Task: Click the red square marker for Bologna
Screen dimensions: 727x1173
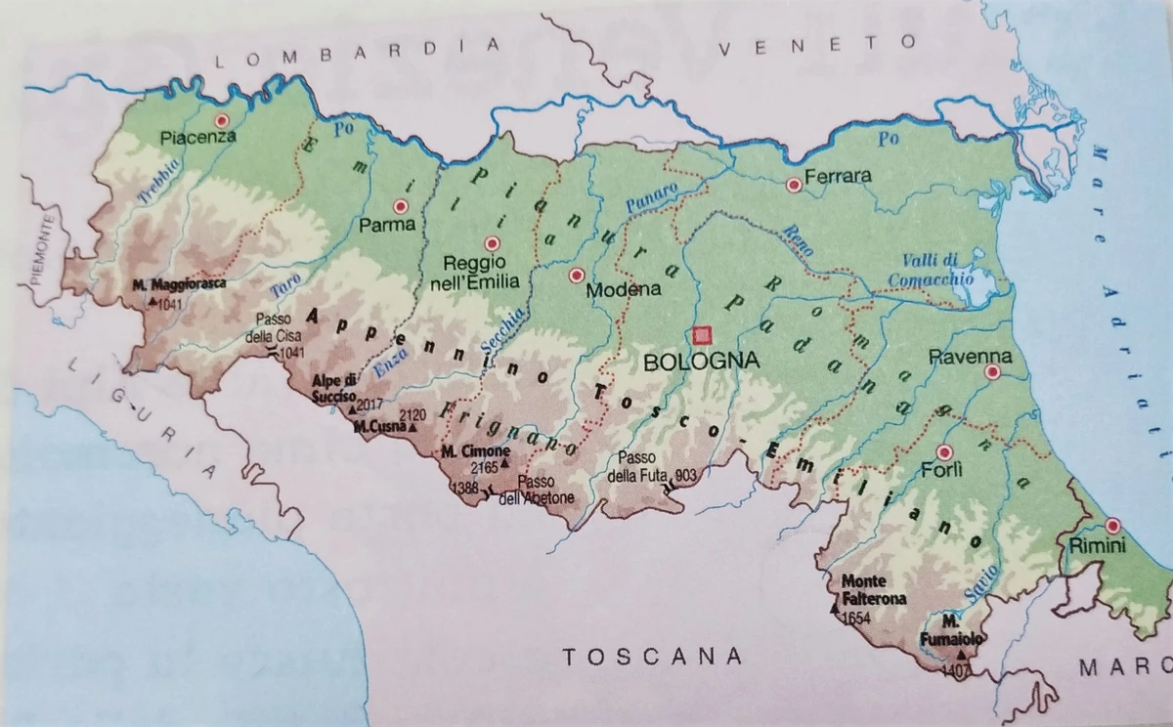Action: tap(701, 335)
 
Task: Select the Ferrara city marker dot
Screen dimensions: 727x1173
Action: tap(793, 183)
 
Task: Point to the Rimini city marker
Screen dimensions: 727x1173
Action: tap(1112, 526)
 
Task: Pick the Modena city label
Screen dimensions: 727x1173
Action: tap(623, 290)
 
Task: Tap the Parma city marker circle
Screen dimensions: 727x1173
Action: tap(399, 206)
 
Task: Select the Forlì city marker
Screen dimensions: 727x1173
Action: tap(944, 452)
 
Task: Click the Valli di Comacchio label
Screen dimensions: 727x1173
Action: tap(931, 269)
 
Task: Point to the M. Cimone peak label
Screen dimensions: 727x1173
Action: tap(474, 451)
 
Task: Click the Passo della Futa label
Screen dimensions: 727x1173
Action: tap(650, 467)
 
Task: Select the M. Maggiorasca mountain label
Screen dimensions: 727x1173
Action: tap(178, 284)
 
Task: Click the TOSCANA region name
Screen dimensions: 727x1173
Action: tap(652, 656)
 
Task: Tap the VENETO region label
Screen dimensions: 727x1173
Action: tap(818, 45)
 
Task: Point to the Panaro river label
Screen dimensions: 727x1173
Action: tap(650, 198)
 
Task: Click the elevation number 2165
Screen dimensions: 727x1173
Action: tap(485, 466)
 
